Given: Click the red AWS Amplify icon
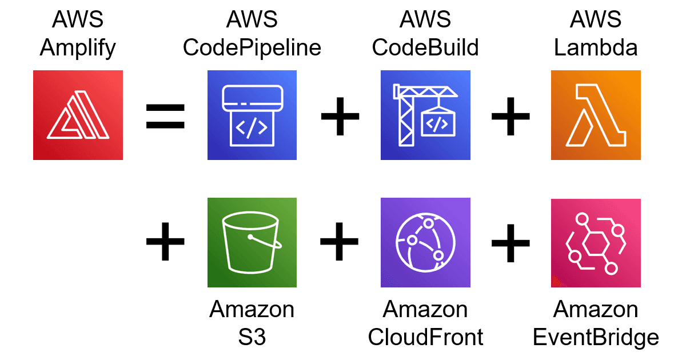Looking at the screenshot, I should pyautogui.click(x=78, y=115).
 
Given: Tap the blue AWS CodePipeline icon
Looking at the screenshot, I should pyautogui.click(x=252, y=115).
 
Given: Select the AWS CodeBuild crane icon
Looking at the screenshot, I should pyautogui.click(x=425, y=115).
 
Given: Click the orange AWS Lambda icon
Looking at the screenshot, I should pyautogui.click(x=596, y=115).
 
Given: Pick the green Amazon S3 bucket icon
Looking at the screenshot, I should pyautogui.click(x=252, y=242).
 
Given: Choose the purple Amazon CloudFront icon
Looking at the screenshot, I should pyautogui.click(x=425, y=242).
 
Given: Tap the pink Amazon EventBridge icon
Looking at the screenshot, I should pyautogui.click(x=596, y=242).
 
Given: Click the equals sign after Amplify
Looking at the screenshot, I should pyautogui.click(x=166, y=116).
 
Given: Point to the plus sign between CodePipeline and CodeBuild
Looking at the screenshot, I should pyautogui.click(x=340, y=116).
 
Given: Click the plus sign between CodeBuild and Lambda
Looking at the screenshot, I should pyautogui.click(x=510, y=116).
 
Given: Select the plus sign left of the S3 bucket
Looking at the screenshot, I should pyautogui.click(x=166, y=242).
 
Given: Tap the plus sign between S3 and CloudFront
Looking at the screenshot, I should pyautogui.click(x=340, y=242).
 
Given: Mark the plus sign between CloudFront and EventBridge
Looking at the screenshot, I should pyautogui.click(x=510, y=242).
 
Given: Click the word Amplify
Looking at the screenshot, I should pyautogui.click(x=78, y=48).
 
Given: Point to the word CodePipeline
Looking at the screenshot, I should pyautogui.click(x=252, y=48).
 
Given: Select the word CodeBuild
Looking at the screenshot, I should pyautogui.click(x=425, y=48).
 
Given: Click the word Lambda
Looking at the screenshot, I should pyautogui.click(x=596, y=48).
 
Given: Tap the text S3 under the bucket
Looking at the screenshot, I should pyautogui.click(x=252, y=337).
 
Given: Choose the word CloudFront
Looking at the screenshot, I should pyautogui.click(x=425, y=337).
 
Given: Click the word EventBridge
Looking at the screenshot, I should pyautogui.click(x=596, y=337).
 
